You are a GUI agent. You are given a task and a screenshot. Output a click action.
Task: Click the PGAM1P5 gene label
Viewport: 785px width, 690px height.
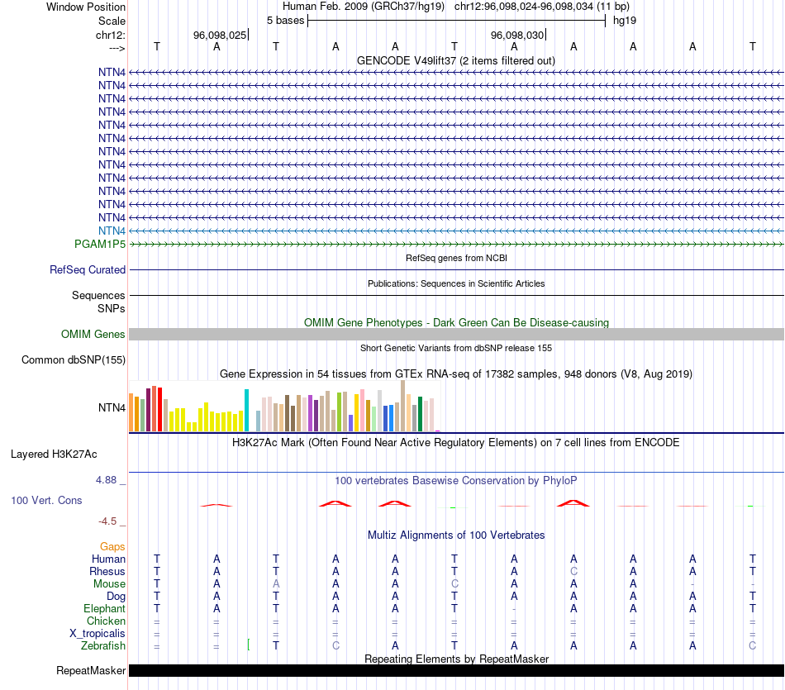point(100,244)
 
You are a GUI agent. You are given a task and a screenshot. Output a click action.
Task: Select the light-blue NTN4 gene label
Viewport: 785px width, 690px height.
point(112,231)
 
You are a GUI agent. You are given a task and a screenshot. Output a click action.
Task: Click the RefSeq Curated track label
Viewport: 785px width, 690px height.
point(88,269)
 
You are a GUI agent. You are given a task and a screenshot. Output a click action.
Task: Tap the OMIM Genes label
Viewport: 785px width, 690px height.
point(93,334)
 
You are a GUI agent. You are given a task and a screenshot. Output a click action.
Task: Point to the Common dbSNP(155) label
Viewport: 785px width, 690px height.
point(74,359)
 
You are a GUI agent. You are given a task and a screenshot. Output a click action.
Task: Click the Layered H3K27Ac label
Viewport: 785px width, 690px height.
point(54,454)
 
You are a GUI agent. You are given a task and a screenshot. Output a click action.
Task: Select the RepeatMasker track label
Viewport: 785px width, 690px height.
point(91,670)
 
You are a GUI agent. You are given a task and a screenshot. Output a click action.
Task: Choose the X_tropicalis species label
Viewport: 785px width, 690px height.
point(98,633)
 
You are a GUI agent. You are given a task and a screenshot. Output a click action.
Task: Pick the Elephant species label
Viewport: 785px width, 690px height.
point(103,608)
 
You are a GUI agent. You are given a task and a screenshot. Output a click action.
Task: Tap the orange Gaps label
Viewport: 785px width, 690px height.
point(112,546)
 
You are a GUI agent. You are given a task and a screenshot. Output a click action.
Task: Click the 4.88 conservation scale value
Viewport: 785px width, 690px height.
point(108,479)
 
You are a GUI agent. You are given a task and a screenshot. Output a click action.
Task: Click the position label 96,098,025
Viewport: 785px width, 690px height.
point(220,36)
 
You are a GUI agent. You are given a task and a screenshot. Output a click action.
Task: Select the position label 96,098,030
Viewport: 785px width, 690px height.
point(517,36)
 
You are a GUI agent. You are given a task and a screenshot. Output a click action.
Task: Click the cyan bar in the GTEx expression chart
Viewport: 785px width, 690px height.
point(246,410)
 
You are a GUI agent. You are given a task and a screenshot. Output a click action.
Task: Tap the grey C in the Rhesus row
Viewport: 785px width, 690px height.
point(573,571)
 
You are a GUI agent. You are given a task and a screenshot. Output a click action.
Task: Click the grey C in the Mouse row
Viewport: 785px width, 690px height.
point(454,583)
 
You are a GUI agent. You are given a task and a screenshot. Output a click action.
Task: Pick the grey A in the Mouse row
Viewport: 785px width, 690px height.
point(276,583)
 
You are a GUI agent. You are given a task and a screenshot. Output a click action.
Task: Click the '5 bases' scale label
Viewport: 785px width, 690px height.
point(285,20)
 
